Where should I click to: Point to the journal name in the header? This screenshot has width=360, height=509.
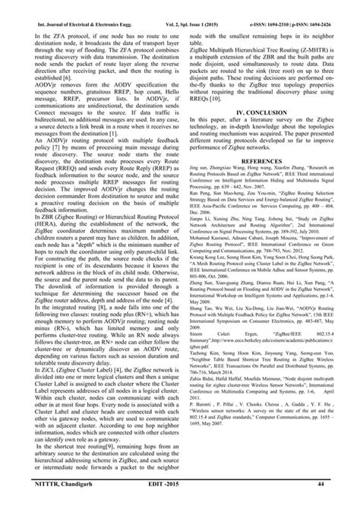(74, 6)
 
